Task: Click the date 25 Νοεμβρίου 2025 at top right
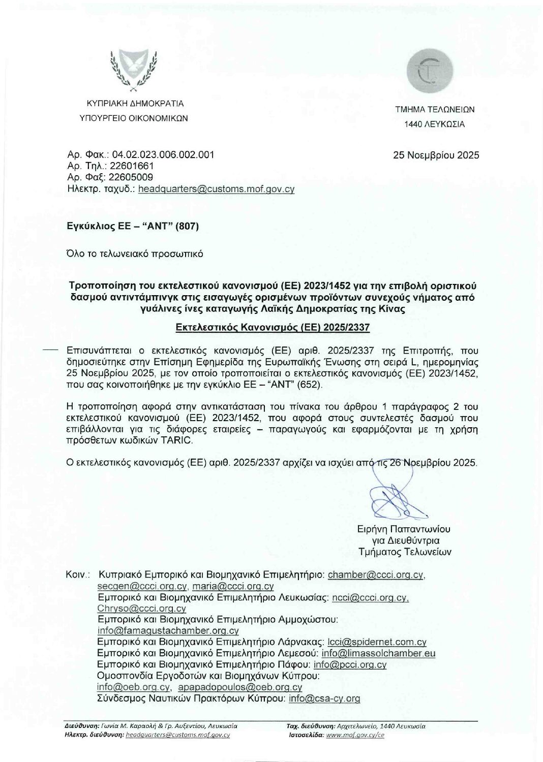[x=436, y=155]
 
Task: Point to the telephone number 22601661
[x=131, y=166]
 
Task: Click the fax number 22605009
[x=131, y=177]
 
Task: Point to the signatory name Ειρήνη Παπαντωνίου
[x=404, y=529]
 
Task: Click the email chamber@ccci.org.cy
[x=376, y=575]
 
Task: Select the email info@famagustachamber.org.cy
[x=168, y=631]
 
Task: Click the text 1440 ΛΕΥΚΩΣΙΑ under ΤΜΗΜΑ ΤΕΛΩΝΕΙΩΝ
[x=434, y=124]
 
